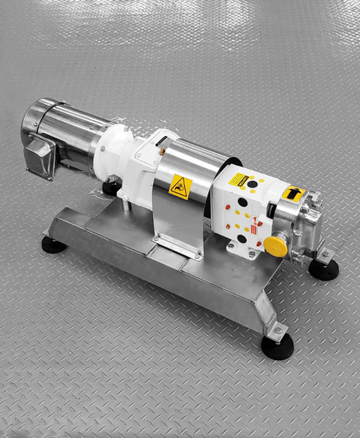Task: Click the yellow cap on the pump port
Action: (x=275, y=245)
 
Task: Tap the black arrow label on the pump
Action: (x=294, y=192)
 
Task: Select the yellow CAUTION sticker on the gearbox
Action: (x=240, y=179)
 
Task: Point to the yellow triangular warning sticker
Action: (x=180, y=186)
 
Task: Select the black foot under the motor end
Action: (x=53, y=245)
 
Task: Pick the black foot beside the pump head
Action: (x=324, y=269)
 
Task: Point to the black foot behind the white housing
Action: (x=111, y=188)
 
